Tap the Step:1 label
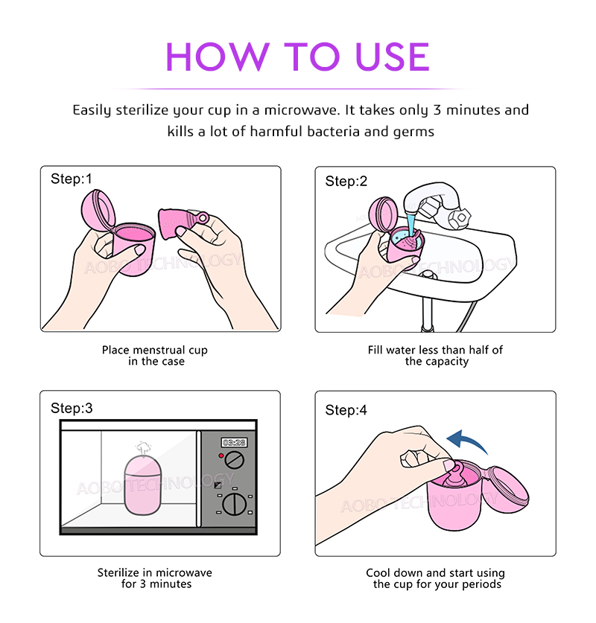click(x=72, y=179)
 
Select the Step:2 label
click(x=346, y=181)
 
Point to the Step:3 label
click(x=72, y=408)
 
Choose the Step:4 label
click(x=346, y=410)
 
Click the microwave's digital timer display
click(x=234, y=443)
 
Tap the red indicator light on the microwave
click(x=221, y=456)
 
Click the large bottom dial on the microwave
click(x=235, y=505)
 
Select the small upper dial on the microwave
click(x=234, y=460)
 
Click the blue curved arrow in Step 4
click(x=465, y=439)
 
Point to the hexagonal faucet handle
click(x=459, y=217)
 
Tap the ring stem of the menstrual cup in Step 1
click(x=203, y=217)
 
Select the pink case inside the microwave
click(x=143, y=485)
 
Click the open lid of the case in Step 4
click(x=507, y=489)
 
